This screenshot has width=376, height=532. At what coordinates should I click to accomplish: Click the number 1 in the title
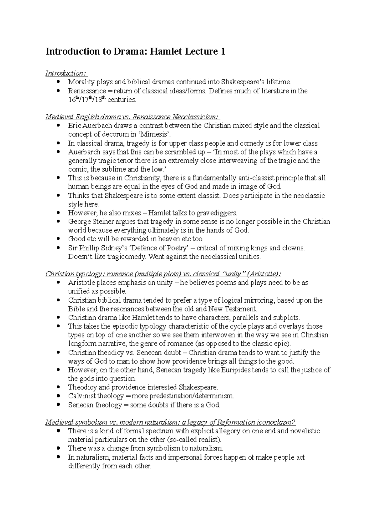tap(223, 51)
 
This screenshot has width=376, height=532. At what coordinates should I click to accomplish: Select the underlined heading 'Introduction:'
tap(66, 73)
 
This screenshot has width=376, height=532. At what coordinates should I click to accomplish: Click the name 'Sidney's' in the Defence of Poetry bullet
tap(112, 248)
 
